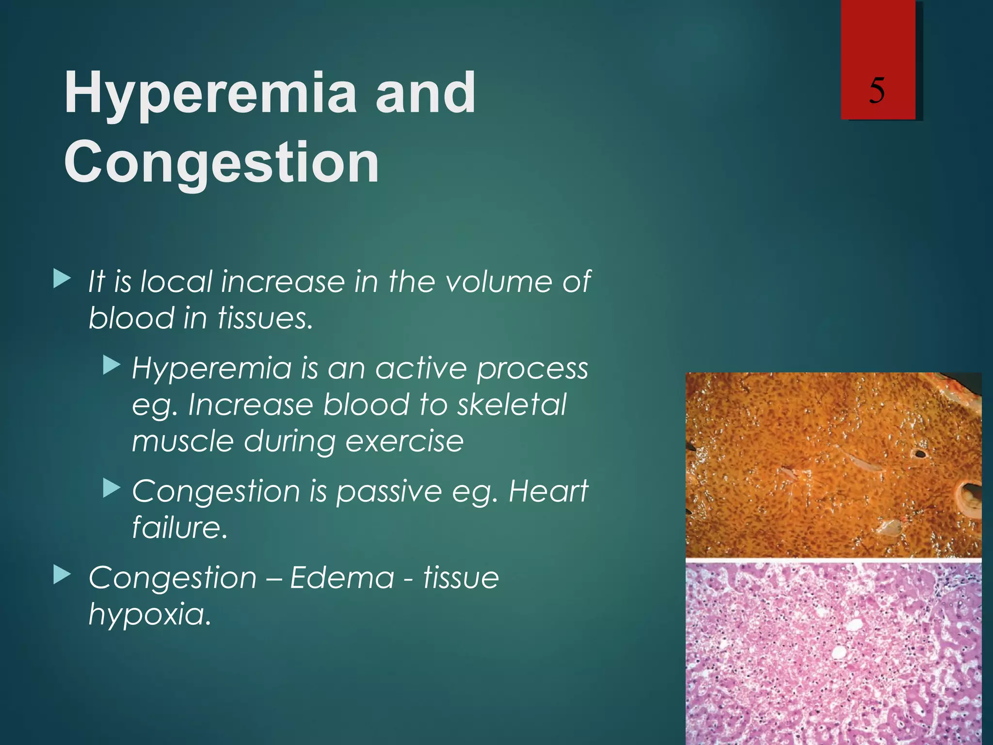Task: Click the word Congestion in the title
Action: tap(221, 162)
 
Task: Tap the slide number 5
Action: tap(877, 91)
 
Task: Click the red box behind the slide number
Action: tap(878, 39)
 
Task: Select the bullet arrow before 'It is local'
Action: tap(62, 279)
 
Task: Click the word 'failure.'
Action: tap(179, 528)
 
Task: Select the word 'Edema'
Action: tap(342, 578)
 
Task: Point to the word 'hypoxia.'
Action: tap(150, 615)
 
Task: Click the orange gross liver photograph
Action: tap(833, 465)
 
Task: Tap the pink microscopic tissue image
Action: tap(833, 652)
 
